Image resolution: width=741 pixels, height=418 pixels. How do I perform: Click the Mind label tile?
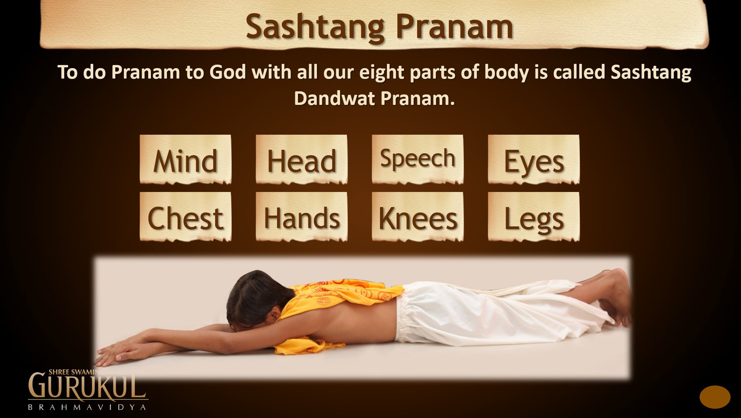(x=185, y=159)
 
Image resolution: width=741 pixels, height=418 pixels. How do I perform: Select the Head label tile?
(x=301, y=159)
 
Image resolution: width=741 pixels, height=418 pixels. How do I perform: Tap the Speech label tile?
(x=418, y=159)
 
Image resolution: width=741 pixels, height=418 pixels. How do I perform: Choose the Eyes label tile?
(x=534, y=159)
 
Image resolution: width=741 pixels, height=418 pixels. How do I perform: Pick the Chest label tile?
(x=185, y=217)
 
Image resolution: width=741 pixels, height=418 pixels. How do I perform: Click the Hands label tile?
(x=301, y=217)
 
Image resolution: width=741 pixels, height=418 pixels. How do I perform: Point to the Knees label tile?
(x=418, y=217)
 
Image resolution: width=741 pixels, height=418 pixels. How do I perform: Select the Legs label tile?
(x=534, y=217)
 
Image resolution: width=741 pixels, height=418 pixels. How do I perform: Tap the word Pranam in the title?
(x=454, y=26)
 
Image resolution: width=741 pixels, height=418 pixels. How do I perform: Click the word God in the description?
(x=228, y=72)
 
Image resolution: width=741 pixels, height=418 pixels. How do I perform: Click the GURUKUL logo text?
(x=87, y=386)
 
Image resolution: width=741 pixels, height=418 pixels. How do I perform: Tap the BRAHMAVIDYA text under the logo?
(x=87, y=407)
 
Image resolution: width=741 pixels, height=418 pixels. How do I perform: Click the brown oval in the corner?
(x=715, y=397)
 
